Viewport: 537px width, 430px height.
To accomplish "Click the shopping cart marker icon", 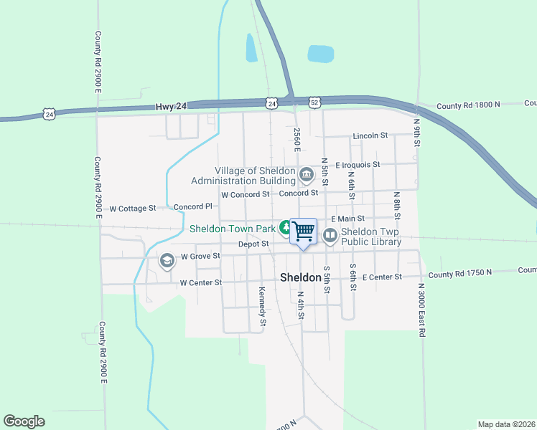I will (304, 231).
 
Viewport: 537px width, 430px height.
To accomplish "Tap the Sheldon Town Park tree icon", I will (286, 229).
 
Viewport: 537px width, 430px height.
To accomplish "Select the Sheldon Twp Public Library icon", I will (330, 234).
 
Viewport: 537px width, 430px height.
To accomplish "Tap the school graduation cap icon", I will (167, 260).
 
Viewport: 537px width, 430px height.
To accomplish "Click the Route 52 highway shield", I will (316, 103).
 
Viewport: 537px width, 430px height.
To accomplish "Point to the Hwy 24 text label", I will (170, 107).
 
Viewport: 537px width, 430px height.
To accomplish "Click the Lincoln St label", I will (370, 135).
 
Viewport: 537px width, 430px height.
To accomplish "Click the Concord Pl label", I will (192, 207).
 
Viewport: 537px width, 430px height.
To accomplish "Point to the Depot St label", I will (253, 244).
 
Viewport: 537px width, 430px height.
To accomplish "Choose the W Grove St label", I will (200, 256).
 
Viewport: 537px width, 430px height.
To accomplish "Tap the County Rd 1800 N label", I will (467, 106).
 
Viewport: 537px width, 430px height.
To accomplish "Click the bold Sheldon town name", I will (300, 277).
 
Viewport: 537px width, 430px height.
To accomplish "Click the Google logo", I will (24, 421).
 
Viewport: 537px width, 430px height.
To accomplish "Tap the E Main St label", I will (347, 219).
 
